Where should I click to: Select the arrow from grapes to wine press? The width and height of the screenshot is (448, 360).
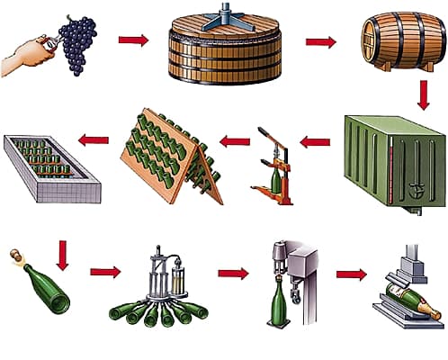coord(132,40)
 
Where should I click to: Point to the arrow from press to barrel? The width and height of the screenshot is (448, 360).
coord(320,41)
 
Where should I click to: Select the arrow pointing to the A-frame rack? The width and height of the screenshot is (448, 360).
coord(235,140)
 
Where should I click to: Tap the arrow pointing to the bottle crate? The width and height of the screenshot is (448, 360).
coord(94,139)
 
